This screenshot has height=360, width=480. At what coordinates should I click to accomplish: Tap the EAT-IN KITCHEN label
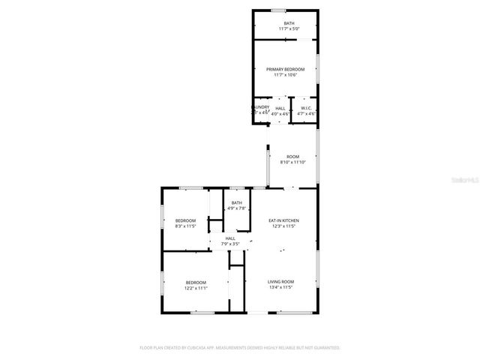[282, 220]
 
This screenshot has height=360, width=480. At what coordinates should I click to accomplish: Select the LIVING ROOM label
[281, 281]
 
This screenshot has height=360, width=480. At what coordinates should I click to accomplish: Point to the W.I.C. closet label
[306, 108]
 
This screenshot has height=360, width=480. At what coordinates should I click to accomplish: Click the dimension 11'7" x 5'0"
[289, 28]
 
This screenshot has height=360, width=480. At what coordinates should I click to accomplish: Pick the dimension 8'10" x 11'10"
[292, 162]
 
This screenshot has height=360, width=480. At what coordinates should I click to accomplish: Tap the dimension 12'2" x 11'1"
[196, 287]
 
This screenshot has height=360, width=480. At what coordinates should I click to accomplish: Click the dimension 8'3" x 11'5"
[185, 226]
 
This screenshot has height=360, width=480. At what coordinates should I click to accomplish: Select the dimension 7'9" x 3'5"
[230, 244]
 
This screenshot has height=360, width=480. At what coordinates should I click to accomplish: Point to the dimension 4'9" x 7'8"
[237, 208]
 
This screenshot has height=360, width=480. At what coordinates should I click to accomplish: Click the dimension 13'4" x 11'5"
[281, 287]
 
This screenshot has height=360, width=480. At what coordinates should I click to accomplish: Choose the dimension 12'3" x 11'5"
[282, 226]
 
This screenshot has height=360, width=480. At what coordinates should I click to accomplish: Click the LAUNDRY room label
[260, 108]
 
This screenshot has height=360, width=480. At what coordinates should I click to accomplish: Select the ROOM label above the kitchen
[292, 156]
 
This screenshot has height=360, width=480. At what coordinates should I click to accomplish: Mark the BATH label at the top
[289, 23]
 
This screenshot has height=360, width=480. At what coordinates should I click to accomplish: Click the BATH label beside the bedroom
[237, 202]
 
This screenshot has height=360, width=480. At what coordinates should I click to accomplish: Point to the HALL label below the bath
[230, 238]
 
